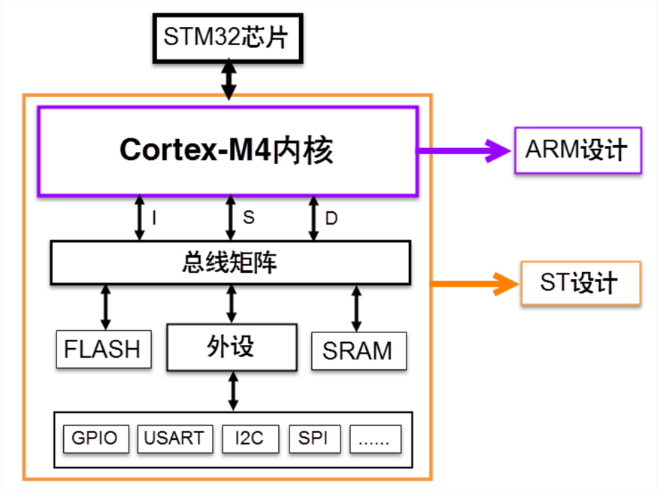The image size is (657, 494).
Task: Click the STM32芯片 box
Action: pyautogui.click(x=228, y=38)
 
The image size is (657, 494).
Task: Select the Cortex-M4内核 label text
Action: pyautogui.click(x=226, y=150)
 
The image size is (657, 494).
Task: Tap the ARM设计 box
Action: pyautogui.click(x=578, y=150)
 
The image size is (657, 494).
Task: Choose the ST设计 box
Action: pyautogui.click(x=581, y=283)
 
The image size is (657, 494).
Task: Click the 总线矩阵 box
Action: pyautogui.click(x=231, y=262)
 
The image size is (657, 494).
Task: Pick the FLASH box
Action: pyautogui.click(x=104, y=349)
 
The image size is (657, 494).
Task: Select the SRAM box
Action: pyautogui.click(x=359, y=351)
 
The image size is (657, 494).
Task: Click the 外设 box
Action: pyautogui.click(x=232, y=347)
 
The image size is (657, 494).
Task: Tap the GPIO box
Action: pyautogui.click(x=96, y=438)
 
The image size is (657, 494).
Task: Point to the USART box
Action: pyautogui.click(x=175, y=438)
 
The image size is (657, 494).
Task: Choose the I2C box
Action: pyautogui.click(x=250, y=438)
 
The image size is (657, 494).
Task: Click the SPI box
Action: pyautogui.click(x=315, y=438)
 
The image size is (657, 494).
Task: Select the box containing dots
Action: pyautogui.click(x=375, y=438)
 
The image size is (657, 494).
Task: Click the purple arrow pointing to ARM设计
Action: pyautogui.click(x=465, y=150)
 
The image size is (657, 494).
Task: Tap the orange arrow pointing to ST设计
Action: pyautogui.click(x=475, y=283)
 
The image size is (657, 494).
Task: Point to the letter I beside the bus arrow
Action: pyautogui.click(x=154, y=218)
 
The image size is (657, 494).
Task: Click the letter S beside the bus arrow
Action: pyautogui.click(x=249, y=217)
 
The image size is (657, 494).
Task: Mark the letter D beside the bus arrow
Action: pyautogui.click(x=332, y=218)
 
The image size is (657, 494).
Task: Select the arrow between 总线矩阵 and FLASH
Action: pyautogui.click(x=105, y=307)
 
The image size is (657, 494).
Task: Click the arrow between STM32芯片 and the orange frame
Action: pyautogui.click(x=229, y=79)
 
